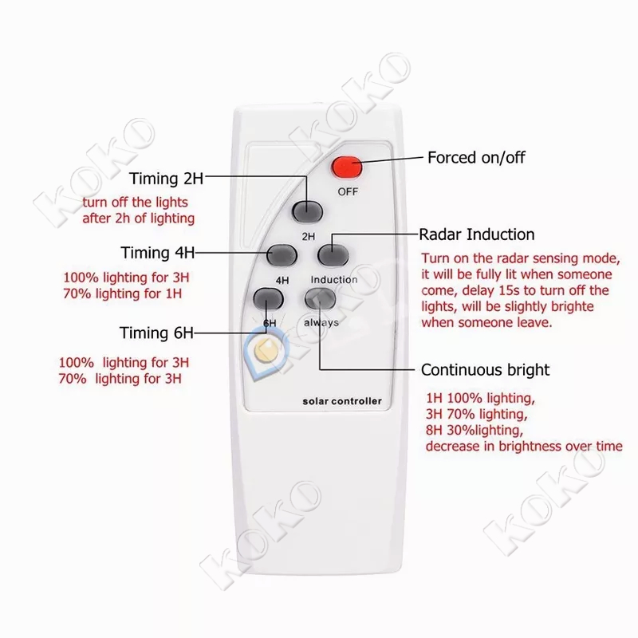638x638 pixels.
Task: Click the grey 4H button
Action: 282,254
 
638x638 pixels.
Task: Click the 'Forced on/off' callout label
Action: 477,157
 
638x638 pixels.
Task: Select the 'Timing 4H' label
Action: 158,253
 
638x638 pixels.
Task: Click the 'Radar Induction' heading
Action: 477,235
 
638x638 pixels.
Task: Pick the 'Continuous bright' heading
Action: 485,370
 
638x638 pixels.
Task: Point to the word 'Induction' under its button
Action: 333,279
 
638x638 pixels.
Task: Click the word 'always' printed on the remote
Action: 321,322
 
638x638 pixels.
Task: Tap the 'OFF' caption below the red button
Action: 348,191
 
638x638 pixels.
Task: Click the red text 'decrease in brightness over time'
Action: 523,446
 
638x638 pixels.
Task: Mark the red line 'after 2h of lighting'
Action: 137,218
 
